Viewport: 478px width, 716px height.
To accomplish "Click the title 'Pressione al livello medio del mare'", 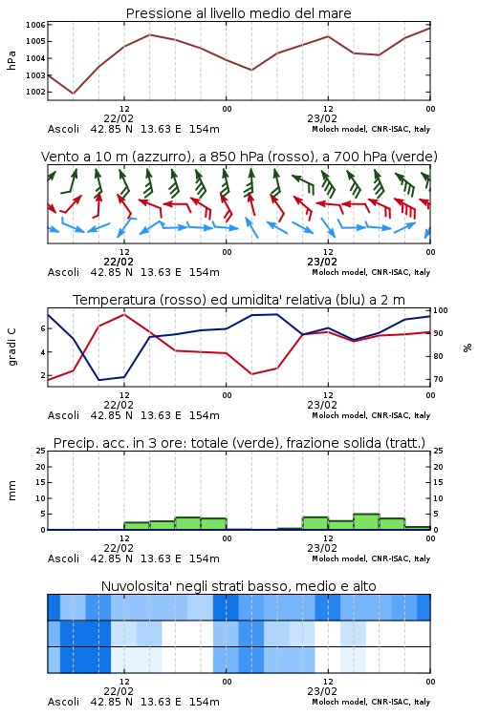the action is pyautogui.click(x=238, y=13).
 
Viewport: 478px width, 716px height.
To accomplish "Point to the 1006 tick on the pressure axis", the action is pyautogui.click(x=35, y=25).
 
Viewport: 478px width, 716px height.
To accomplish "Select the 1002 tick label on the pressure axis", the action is pyautogui.click(x=35, y=92).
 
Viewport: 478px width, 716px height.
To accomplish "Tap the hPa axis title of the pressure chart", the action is pyautogui.click(x=11, y=60).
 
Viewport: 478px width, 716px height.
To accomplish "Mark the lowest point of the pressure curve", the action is pyautogui.click(x=74, y=94).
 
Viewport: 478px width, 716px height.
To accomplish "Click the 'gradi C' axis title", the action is pyautogui.click(x=12, y=347).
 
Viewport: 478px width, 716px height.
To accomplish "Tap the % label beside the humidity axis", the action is pyautogui.click(x=467, y=347).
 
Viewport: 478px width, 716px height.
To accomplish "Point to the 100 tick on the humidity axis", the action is pyautogui.click(x=441, y=310).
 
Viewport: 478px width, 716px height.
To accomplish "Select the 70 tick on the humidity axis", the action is pyautogui.click(x=438, y=379).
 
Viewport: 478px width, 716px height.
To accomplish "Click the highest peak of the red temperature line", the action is pyautogui.click(x=124, y=314).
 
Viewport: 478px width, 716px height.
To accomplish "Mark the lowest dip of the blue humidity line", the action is pyautogui.click(x=98, y=380).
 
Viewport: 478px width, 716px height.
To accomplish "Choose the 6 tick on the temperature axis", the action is pyautogui.click(x=43, y=328).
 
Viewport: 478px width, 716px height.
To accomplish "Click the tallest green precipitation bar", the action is pyautogui.click(x=366, y=522).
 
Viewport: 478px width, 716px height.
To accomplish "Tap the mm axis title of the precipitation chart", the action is pyautogui.click(x=12, y=491).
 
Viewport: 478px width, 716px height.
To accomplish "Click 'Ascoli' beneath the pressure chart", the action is pyautogui.click(x=63, y=129).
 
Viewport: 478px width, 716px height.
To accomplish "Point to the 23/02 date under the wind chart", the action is pyautogui.click(x=322, y=263).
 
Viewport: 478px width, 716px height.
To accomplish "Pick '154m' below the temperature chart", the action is pyautogui.click(x=205, y=415).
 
